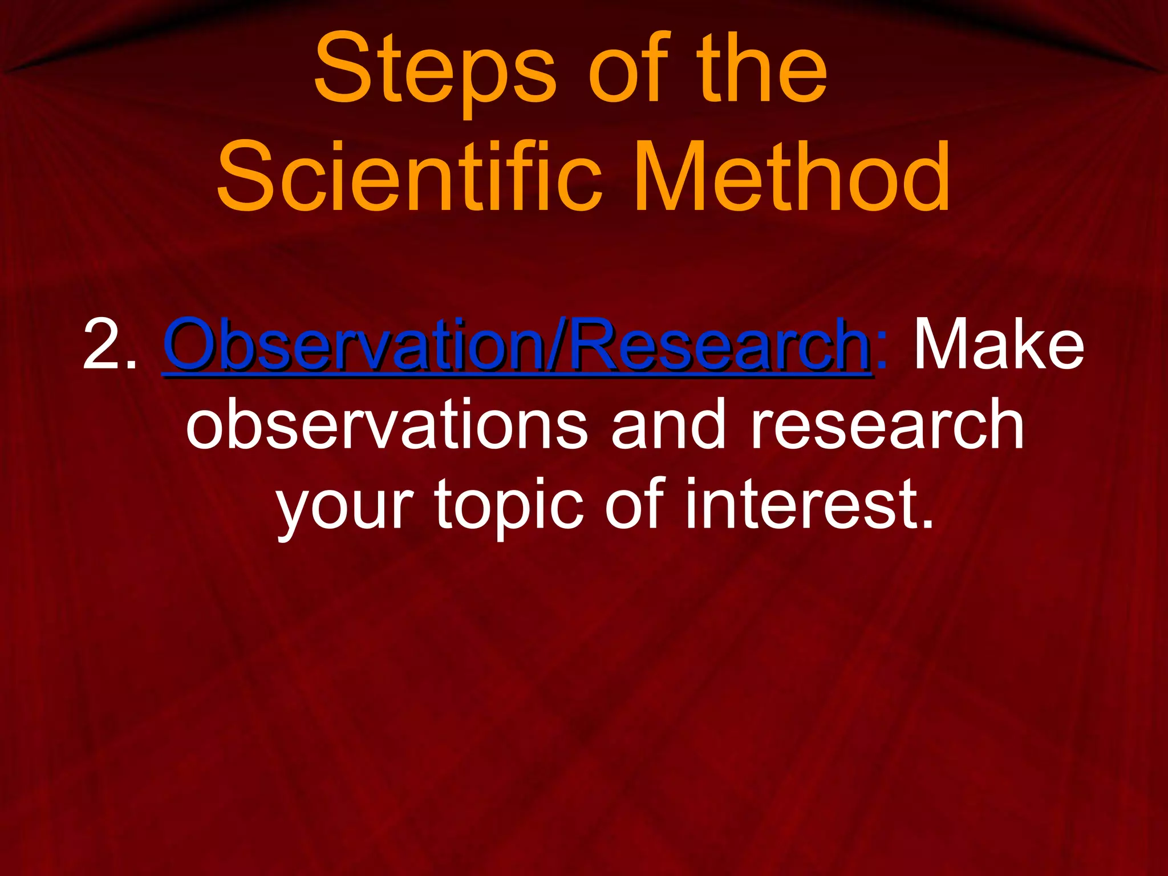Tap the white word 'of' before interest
click(x=634, y=505)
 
